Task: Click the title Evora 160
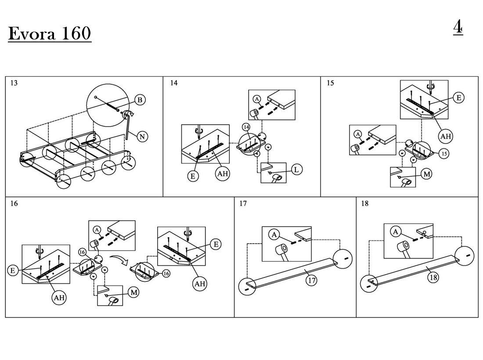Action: (50, 33)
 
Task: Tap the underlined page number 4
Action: (458, 27)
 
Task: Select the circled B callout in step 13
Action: (140, 100)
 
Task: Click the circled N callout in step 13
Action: (142, 137)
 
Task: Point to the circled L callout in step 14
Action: (296, 169)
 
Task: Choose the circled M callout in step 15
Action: (427, 174)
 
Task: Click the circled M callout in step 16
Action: (133, 292)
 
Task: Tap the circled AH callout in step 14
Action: (223, 174)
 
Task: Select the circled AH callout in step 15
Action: (445, 136)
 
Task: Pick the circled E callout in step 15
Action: (459, 98)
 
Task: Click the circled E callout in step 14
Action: (193, 176)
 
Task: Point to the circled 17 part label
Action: (312, 280)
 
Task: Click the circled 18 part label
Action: (433, 277)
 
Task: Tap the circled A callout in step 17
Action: (274, 235)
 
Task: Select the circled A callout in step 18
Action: (396, 232)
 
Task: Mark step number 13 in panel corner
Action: (14, 83)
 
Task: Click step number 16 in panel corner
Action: (14, 204)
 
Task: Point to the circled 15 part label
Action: (444, 153)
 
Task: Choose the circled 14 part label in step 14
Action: (246, 127)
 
